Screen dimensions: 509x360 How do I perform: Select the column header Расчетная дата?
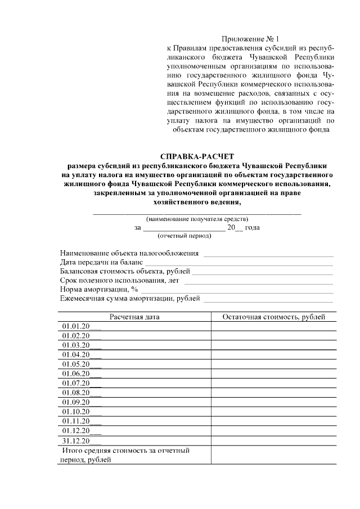(x=134, y=317)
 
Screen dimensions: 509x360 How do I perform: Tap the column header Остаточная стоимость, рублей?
(x=274, y=317)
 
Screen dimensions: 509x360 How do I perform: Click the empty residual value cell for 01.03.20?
(x=274, y=345)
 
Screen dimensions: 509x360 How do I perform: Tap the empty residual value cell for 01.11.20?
(x=274, y=421)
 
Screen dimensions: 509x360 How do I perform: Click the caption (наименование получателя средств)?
(x=196, y=219)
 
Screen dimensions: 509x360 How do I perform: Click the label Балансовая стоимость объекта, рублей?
(x=125, y=271)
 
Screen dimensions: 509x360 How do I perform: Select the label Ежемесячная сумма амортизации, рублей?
(x=130, y=298)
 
